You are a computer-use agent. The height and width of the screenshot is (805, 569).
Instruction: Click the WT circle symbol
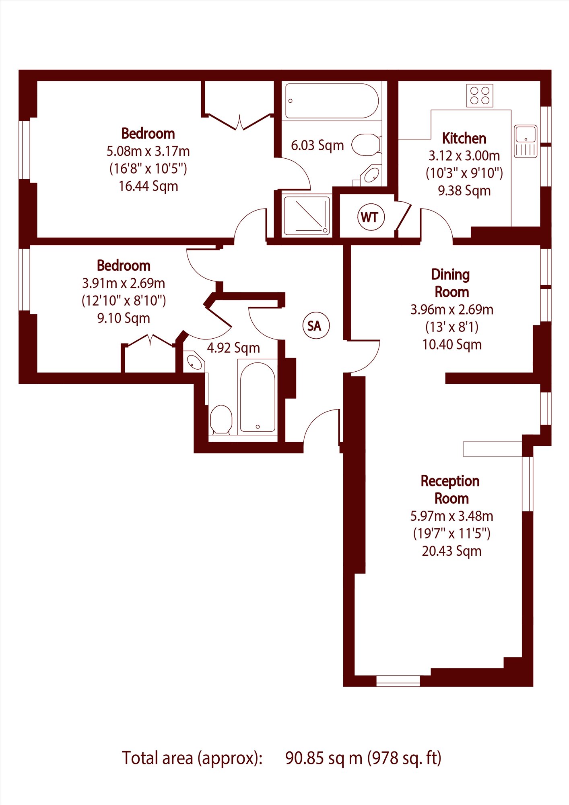(x=371, y=217)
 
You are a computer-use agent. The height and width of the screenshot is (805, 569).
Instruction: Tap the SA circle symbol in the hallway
(x=316, y=325)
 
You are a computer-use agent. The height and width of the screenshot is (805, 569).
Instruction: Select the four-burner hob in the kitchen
(x=480, y=95)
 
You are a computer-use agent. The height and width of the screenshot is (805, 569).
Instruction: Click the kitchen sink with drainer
(x=526, y=141)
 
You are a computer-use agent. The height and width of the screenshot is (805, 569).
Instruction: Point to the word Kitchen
(x=464, y=138)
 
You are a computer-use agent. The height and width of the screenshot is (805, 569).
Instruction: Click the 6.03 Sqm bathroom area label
(x=317, y=145)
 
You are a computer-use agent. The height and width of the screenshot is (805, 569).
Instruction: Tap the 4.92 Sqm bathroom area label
(x=233, y=348)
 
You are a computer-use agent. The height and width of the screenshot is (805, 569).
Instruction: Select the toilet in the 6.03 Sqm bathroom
(x=366, y=145)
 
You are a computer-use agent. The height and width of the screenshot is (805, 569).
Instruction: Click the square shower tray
(x=307, y=215)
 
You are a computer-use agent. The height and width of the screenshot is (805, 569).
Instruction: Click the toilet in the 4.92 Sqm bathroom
(x=221, y=420)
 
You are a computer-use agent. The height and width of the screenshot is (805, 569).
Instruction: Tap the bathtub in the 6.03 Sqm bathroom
(x=332, y=101)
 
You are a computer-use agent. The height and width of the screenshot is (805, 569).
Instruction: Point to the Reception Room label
(x=451, y=489)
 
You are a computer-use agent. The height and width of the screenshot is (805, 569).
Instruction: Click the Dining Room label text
(x=451, y=283)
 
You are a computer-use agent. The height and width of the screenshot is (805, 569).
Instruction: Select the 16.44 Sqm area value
(x=148, y=186)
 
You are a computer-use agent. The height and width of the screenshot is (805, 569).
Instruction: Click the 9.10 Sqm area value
(x=124, y=318)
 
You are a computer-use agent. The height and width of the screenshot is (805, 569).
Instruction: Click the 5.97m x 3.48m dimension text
(x=451, y=516)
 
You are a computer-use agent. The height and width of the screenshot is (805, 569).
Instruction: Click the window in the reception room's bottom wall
(x=398, y=681)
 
